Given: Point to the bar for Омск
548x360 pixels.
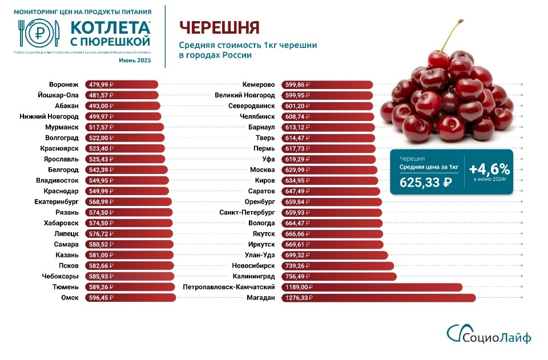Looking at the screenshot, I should (130, 298).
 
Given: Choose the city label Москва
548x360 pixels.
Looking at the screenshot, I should (263, 170).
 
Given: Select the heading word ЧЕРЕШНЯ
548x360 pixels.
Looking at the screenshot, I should (219, 27).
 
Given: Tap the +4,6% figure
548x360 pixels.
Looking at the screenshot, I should (489, 169).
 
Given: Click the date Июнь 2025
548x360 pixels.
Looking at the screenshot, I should (135, 60).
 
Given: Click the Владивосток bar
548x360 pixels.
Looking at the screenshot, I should (126, 180).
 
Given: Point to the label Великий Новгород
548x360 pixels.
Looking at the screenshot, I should (245, 95).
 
